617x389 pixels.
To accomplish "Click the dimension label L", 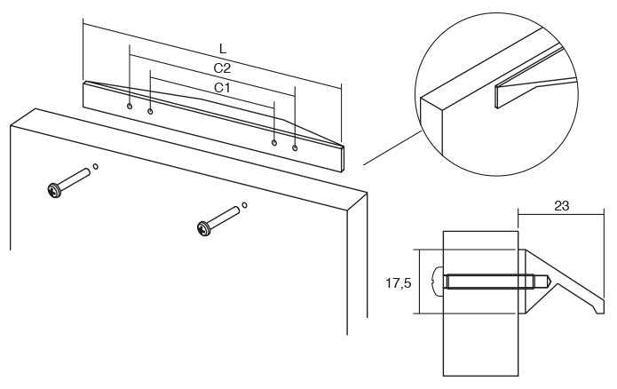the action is click(x=223, y=49).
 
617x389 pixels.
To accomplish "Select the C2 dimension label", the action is click(x=222, y=68).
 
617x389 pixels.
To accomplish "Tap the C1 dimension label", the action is click(x=222, y=87).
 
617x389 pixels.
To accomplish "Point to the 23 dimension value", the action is click(x=562, y=205).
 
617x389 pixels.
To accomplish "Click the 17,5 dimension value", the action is click(x=399, y=282).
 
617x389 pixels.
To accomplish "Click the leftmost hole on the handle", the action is click(x=130, y=107).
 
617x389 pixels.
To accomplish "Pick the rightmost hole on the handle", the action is click(x=295, y=148).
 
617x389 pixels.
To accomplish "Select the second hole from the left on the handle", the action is click(x=150, y=112).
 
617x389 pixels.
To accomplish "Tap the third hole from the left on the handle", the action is click(x=274, y=142).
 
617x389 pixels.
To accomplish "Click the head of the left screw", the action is click(x=55, y=190).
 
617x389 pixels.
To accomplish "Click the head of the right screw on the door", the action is click(x=204, y=229).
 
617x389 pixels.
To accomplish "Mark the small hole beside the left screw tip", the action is click(x=95, y=167).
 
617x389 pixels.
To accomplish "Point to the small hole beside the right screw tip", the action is click(x=244, y=205).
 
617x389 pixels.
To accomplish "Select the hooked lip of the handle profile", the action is click(x=598, y=306).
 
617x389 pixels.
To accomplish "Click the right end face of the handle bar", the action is click(x=343, y=159).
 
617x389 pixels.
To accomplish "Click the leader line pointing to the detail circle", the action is click(x=392, y=147).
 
